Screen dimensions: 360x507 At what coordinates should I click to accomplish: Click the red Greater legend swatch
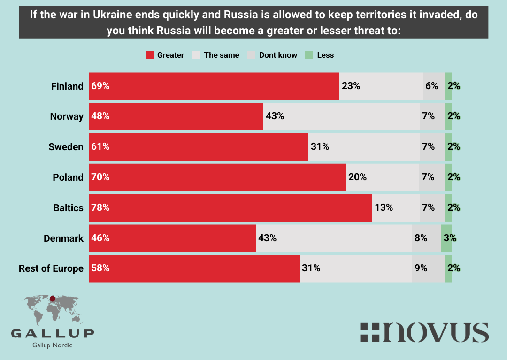pos(150,55)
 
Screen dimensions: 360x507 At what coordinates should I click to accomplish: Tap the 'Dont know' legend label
pos(278,55)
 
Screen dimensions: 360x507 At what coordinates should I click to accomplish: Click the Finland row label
pos(68,86)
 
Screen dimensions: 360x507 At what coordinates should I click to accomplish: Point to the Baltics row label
pos(69,208)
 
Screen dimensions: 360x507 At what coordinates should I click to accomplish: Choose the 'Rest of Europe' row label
pos(51,268)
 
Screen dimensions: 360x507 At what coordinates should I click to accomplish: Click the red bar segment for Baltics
pos(230,208)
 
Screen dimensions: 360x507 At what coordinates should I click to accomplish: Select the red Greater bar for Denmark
pos(172,238)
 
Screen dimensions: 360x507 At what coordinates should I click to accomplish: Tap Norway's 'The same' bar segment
pos(341,116)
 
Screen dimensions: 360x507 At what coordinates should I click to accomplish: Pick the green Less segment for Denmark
pos(446,238)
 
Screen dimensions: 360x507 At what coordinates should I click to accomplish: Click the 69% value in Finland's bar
pos(100,86)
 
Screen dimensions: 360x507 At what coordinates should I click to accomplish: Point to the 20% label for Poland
pos(357,177)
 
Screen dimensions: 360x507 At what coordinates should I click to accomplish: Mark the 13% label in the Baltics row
pos(384,208)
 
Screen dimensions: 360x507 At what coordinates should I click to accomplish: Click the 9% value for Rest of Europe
pos(421,268)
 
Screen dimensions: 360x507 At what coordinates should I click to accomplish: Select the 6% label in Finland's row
pos(431,86)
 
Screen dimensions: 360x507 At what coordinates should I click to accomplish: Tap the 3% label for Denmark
pos(450,238)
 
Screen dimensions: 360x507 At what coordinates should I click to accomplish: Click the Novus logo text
pos(424,332)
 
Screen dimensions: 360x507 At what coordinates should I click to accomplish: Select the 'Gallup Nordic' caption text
pos(52,345)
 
